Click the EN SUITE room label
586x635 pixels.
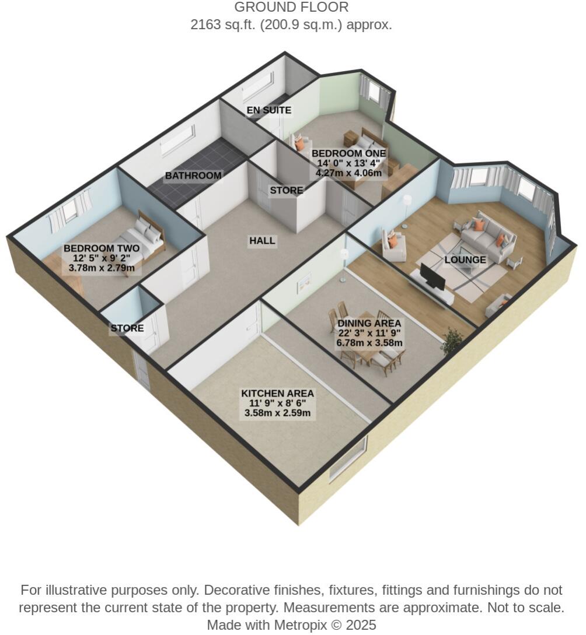pos(268,110)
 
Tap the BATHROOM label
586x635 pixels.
pos(193,176)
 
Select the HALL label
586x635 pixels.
pos(262,241)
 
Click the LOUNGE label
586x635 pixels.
pos(465,260)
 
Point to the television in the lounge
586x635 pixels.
pos(433,278)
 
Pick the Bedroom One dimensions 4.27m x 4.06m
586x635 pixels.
pos(348,173)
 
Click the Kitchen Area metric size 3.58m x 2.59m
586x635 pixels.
pos(278,414)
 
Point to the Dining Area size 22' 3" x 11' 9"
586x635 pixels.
pos(369,334)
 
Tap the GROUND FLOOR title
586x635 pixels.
pos(291,8)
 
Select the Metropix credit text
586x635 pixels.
pos(291,625)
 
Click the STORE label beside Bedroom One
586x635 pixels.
pos(286,191)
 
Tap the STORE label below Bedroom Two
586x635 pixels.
pos(127,328)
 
